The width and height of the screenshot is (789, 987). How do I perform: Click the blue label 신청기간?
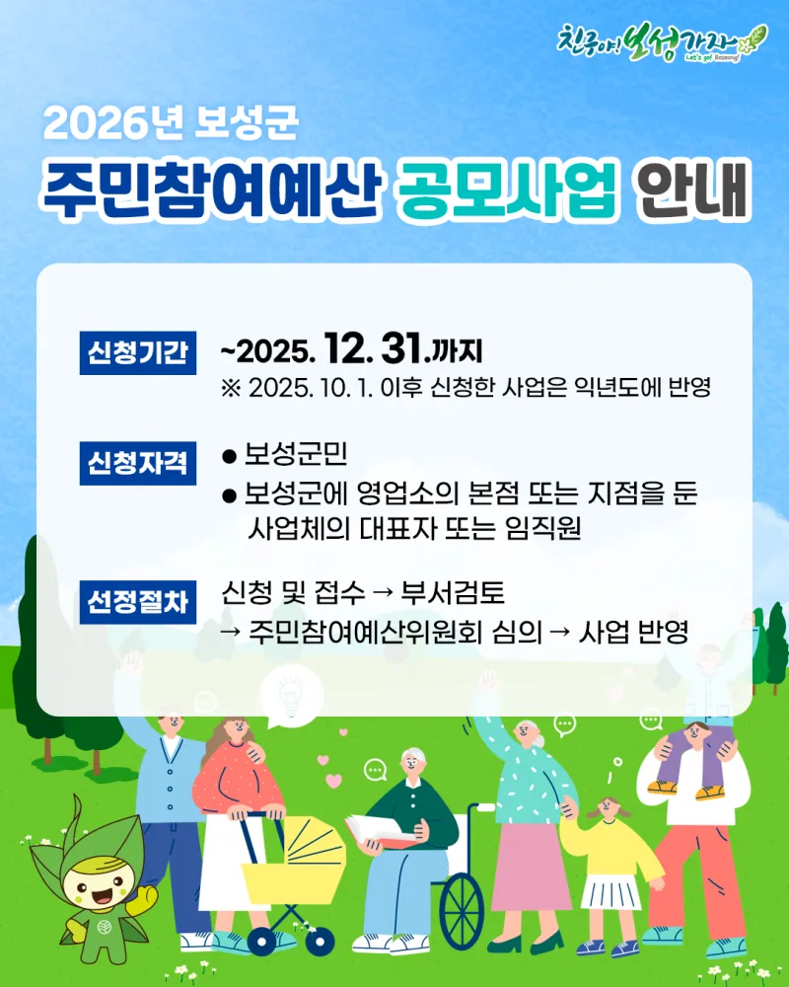click(x=138, y=352)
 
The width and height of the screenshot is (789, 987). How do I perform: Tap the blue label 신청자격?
click(x=138, y=463)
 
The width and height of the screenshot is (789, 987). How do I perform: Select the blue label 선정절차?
click(x=138, y=602)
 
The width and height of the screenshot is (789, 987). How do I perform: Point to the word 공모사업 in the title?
click(x=507, y=189)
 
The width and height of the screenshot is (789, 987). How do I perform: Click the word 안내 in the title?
click(x=692, y=189)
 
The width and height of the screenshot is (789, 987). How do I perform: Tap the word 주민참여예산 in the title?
click(x=211, y=189)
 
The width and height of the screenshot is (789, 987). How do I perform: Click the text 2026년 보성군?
click(x=171, y=122)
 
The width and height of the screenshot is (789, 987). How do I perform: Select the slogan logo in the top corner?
click(x=662, y=42)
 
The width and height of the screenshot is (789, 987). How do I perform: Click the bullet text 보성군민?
click(x=296, y=454)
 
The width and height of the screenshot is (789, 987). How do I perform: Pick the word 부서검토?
click(x=453, y=592)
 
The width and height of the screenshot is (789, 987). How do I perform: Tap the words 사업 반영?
click(x=633, y=632)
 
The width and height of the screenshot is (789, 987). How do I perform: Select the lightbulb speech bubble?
click(x=291, y=696)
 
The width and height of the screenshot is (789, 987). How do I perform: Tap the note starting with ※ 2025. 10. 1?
click(x=466, y=387)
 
